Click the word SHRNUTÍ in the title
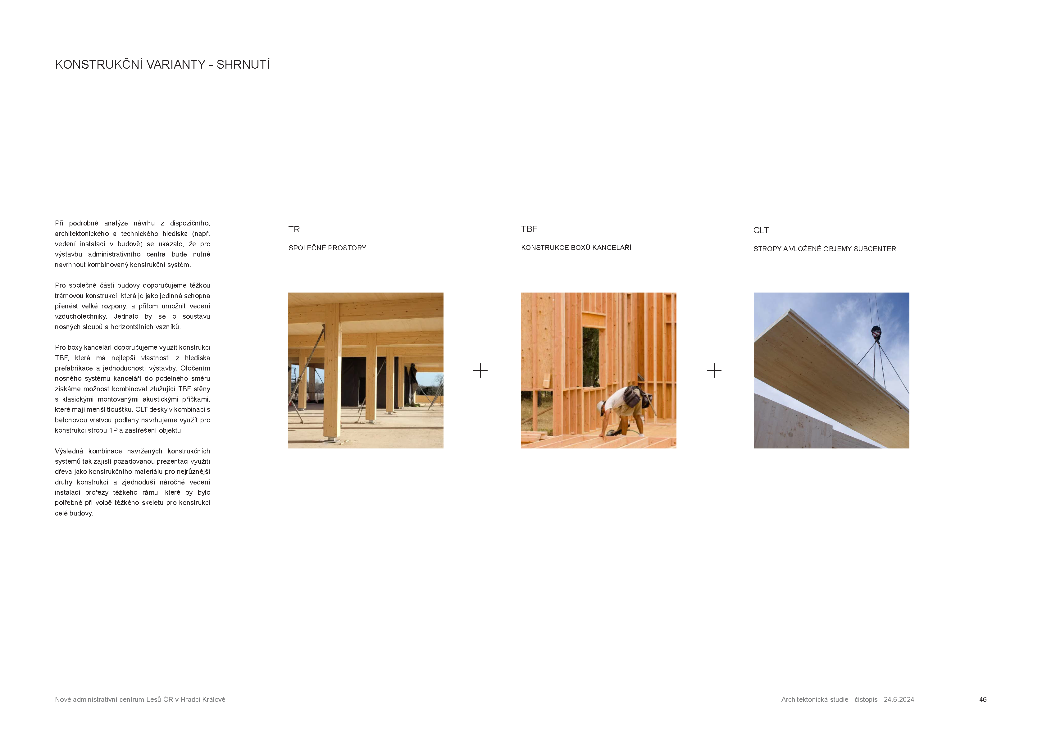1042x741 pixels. (x=243, y=65)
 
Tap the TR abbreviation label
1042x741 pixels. (x=294, y=230)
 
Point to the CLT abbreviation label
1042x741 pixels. (x=761, y=230)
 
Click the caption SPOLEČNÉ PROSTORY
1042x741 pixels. (x=327, y=248)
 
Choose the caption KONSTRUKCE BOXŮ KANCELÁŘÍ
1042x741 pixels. (x=576, y=248)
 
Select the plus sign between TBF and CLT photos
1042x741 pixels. (x=714, y=370)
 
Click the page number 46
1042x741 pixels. (x=983, y=699)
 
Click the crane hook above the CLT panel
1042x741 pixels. (x=876, y=332)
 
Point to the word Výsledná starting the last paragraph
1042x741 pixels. (x=69, y=451)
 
